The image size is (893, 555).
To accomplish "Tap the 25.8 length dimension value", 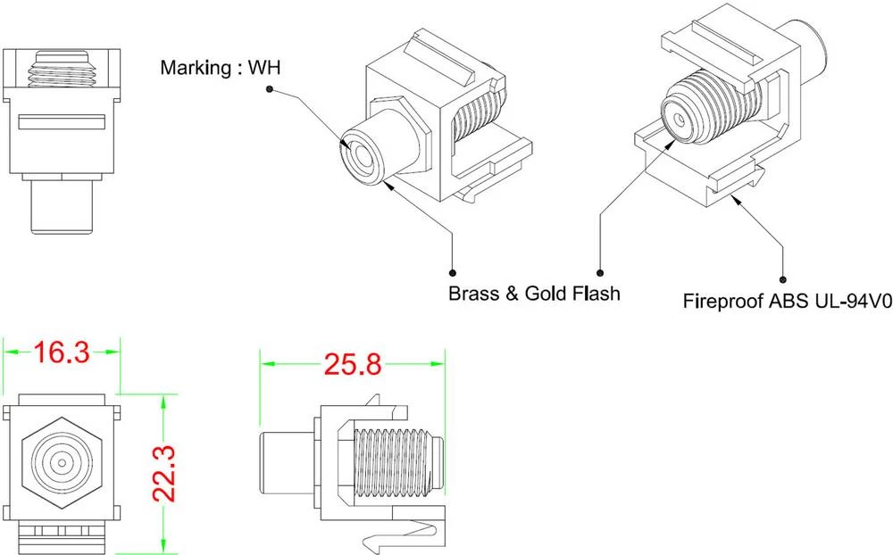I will coord(351,364).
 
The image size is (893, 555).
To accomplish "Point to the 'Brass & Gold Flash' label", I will coord(533,293).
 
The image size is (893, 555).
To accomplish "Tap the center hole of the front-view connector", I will coord(62,463).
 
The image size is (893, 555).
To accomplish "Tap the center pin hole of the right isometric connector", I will coord(681,116).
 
